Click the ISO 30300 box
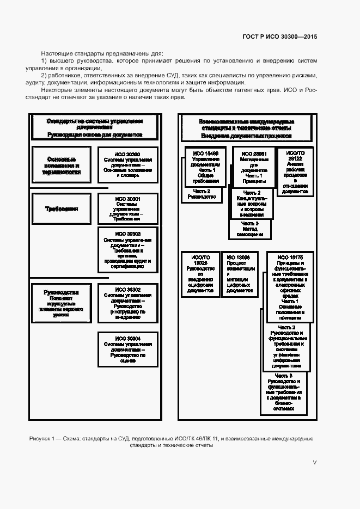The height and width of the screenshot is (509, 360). (x=128, y=162)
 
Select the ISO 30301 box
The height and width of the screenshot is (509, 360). (x=128, y=209)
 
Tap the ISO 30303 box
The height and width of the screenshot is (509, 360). (x=128, y=249)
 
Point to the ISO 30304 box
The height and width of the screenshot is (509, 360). (x=128, y=349)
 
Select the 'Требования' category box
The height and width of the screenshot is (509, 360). (x=62, y=208)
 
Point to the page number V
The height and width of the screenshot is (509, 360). (x=314, y=462)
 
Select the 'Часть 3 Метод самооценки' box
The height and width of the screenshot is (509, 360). (x=249, y=229)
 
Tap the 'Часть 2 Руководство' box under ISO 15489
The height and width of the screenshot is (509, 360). (x=202, y=194)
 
